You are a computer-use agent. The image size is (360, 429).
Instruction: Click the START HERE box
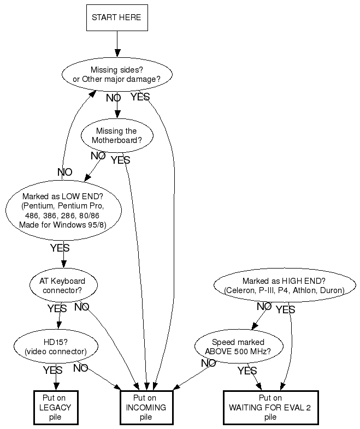point(116,17)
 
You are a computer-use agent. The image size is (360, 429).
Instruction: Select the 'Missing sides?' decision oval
point(116,74)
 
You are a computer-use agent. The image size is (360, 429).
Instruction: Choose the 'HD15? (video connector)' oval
point(55,347)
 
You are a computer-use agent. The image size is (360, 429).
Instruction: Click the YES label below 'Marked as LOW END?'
point(60,248)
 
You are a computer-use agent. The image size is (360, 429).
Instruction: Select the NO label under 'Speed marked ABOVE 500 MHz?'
point(208,363)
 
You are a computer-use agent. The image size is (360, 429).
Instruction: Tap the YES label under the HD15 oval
point(52,370)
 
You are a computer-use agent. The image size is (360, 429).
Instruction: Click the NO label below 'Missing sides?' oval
point(113,98)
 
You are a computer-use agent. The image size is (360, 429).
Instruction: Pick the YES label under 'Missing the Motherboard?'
point(120,160)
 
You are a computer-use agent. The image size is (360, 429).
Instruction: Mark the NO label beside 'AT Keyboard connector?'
point(81,307)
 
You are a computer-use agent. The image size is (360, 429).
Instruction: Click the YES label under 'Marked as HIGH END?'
point(285,309)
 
